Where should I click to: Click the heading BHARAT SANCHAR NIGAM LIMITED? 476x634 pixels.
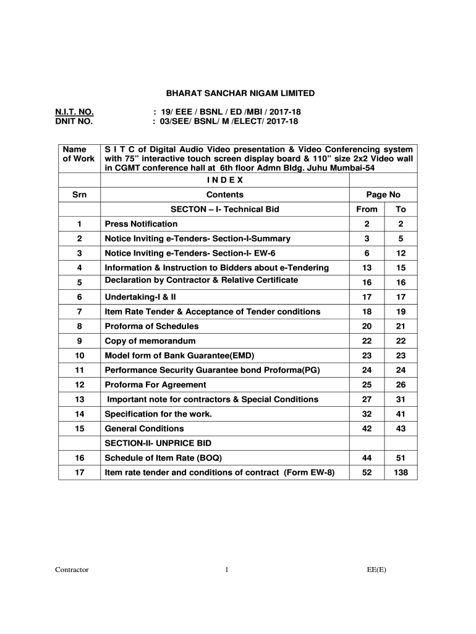(240, 93)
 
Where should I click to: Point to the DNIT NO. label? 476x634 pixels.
(74, 121)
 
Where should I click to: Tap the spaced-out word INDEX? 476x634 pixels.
(224, 180)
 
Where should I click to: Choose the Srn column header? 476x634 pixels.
(79, 195)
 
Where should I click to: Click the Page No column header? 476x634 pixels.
(383, 195)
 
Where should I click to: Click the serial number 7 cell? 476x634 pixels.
(79, 312)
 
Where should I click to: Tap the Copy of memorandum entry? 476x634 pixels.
(150, 341)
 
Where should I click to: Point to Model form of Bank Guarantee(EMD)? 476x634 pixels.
(180, 356)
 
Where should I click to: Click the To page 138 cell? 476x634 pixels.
(401, 473)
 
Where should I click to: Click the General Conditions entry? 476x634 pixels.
(144, 428)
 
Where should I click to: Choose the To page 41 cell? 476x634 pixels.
(401, 414)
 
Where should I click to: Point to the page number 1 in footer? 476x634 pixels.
(227, 570)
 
